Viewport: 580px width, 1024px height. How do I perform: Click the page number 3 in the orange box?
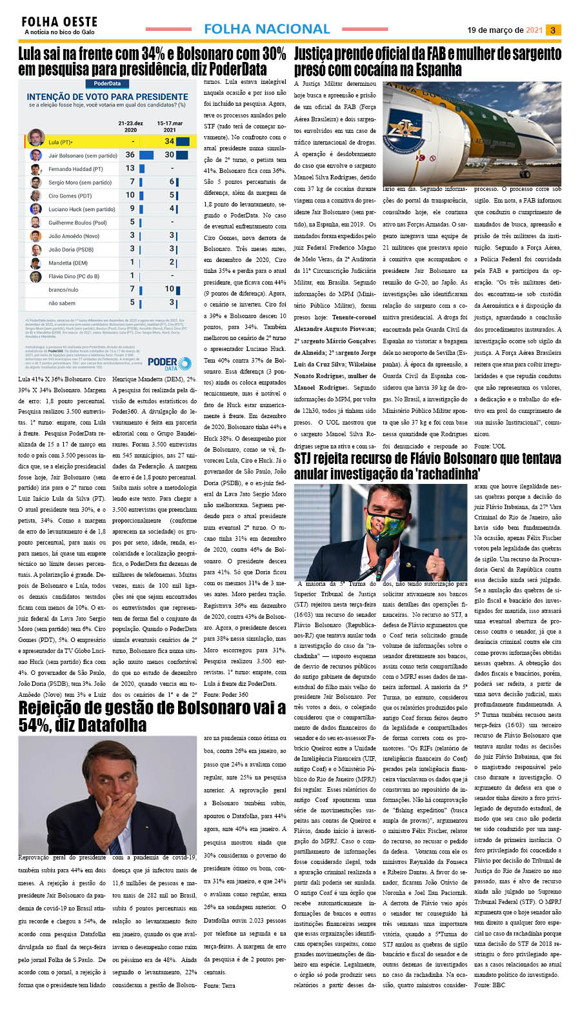[x=553, y=30]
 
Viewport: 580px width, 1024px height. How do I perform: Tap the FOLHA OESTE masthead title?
[x=59, y=23]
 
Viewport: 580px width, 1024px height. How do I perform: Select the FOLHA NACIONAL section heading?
[x=266, y=29]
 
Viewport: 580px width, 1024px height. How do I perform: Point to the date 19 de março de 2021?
[x=505, y=30]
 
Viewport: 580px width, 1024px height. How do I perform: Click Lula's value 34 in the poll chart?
[x=169, y=141]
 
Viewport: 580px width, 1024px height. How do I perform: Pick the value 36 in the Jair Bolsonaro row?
[x=130, y=155]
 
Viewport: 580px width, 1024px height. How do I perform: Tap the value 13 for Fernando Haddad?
[x=130, y=168]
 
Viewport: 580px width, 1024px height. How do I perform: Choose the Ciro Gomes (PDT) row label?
[x=70, y=196]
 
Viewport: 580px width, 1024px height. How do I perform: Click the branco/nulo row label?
[x=63, y=290]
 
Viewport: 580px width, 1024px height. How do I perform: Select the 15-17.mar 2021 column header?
[x=170, y=126]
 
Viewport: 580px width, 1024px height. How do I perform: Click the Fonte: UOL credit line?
[x=490, y=446]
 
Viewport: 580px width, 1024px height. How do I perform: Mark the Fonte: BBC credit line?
[x=490, y=985]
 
